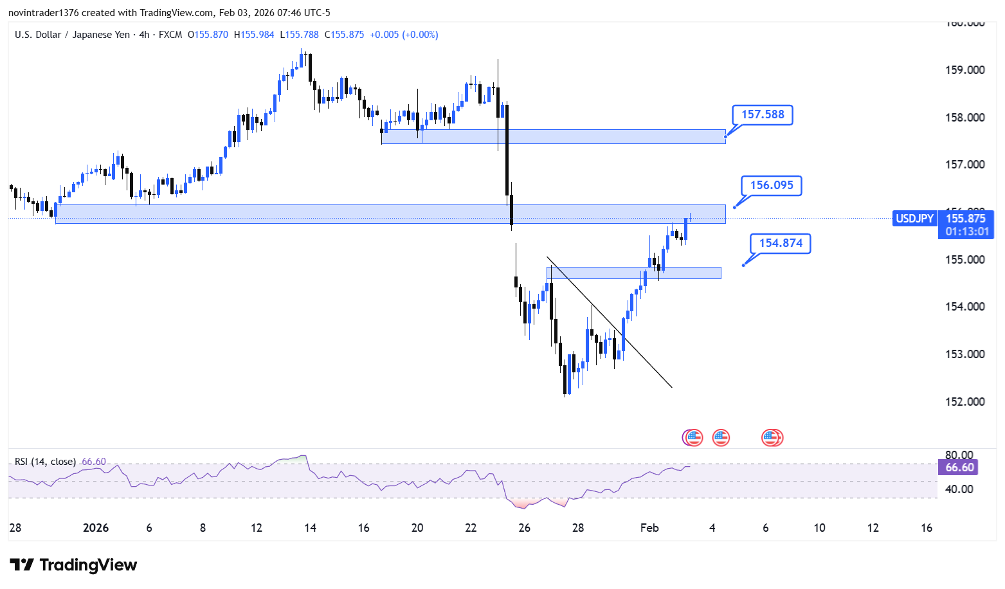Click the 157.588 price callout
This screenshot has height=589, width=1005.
[763, 115]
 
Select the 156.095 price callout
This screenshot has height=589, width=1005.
[772, 186]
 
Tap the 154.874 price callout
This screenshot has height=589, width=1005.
[781, 244]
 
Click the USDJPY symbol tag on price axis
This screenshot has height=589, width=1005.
[914, 219]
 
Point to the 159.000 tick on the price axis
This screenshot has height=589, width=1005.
[964, 70]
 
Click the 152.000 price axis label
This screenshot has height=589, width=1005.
[964, 402]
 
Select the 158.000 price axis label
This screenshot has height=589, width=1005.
[964, 118]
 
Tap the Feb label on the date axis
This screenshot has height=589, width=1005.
[649, 528]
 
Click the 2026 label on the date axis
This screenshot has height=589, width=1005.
[96, 528]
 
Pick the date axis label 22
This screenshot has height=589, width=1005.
[471, 528]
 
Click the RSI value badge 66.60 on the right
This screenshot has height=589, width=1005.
[959, 467]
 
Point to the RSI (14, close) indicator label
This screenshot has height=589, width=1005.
[45, 462]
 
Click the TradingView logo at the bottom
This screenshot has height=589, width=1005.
[74, 565]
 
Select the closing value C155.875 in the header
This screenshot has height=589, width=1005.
[344, 35]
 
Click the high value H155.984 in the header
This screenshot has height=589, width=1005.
[254, 35]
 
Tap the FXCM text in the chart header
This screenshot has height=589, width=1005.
[170, 35]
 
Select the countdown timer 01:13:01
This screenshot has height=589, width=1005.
[967, 231]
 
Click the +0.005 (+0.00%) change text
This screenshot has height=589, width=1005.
[404, 35]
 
